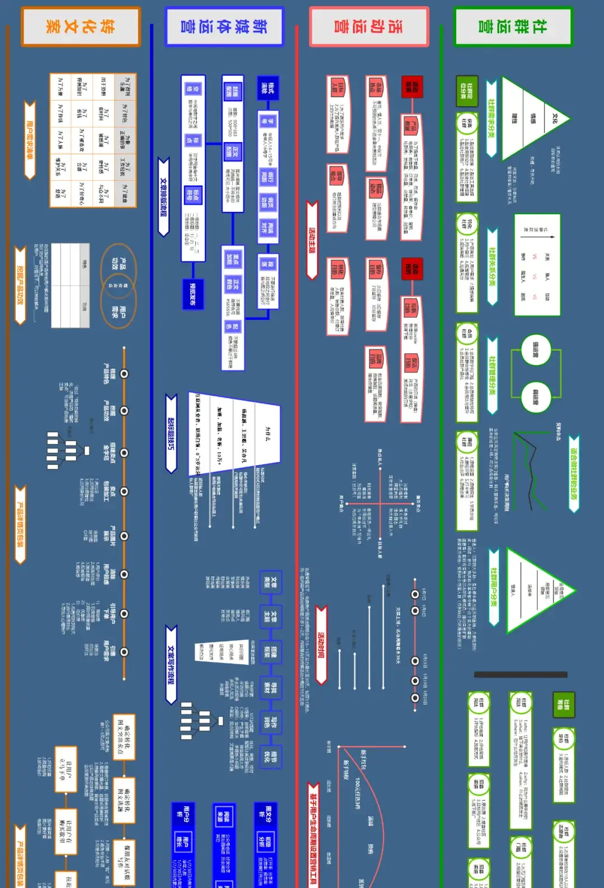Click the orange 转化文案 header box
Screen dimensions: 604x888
(x=81, y=26)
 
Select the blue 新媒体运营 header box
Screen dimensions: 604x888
(x=224, y=26)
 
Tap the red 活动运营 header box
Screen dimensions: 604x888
(x=369, y=26)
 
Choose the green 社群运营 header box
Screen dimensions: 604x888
(x=513, y=26)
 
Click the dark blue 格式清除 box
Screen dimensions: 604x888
(x=267, y=88)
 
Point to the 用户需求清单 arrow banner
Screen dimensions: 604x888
(x=30, y=140)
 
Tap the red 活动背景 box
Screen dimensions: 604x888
(x=413, y=87)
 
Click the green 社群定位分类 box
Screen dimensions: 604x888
(x=467, y=91)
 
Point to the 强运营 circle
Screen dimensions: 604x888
(x=536, y=350)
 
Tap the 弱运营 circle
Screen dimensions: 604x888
(x=536, y=398)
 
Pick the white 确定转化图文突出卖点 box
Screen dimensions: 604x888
(x=124, y=729)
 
